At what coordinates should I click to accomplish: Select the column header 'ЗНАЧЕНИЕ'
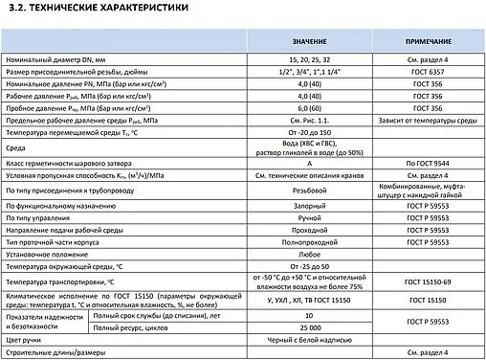click(x=310, y=43)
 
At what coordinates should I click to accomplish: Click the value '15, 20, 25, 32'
click(x=310, y=60)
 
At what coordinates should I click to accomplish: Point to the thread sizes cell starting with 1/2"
click(x=310, y=73)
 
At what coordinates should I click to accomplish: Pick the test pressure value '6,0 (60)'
click(x=310, y=110)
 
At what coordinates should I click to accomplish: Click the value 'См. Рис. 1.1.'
click(x=310, y=123)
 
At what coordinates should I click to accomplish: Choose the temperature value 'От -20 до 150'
click(x=310, y=135)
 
